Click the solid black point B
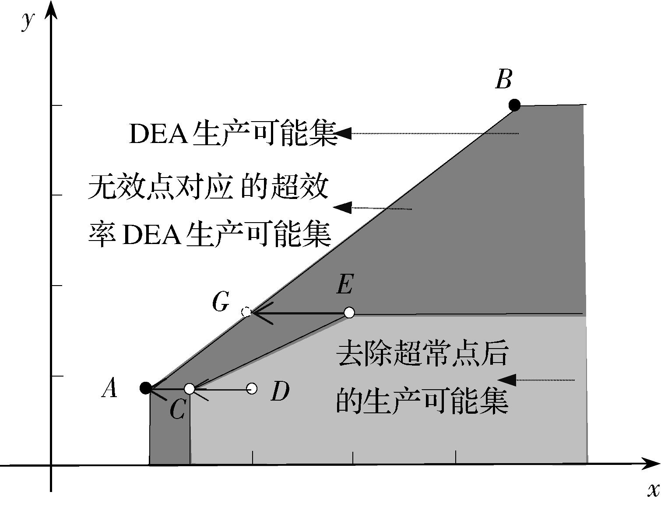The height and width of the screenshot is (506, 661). pos(514,105)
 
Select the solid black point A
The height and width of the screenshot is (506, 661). pos(146,388)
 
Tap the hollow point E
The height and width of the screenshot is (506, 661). pos(349,312)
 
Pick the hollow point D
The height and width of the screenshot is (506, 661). pos(252,388)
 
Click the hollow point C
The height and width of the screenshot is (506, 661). pos(189,388)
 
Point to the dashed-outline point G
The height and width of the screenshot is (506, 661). pos(246,312)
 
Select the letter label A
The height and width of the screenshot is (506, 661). pos(110,388)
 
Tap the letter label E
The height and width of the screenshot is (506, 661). pos(345,286)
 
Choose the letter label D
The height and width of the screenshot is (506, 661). pos(280,391)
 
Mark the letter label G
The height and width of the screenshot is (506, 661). pos(221,302)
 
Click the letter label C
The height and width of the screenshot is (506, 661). pos(177,410)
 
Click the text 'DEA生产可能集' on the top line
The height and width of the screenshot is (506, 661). pos(233,133)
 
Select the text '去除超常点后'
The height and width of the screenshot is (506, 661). pos(422,353)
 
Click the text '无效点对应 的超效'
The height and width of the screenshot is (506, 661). pos(208,187)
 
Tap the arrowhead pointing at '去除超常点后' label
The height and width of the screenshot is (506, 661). pos(507,380)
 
